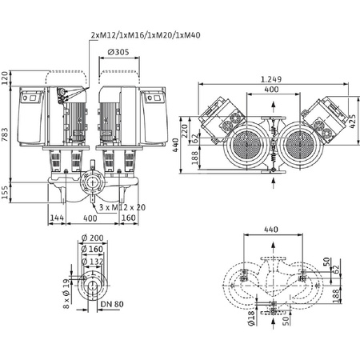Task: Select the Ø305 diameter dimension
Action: click(119, 52)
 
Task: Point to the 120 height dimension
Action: click(6, 78)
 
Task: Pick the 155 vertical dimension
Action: click(6, 192)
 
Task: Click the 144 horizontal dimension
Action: click(57, 217)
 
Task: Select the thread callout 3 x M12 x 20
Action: click(119, 207)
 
